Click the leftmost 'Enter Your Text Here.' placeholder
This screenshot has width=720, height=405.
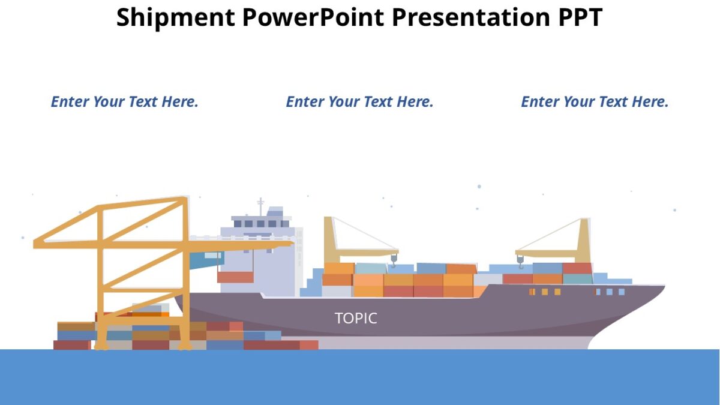[124, 102]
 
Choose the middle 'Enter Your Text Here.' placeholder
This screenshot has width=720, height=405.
[359, 102]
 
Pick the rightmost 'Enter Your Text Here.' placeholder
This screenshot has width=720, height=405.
[595, 102]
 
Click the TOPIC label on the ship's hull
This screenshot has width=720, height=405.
[356, 318]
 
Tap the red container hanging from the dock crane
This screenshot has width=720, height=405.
[235, 277]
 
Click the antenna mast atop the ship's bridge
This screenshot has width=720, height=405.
[260, 205]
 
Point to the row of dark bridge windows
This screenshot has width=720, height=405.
[260, 224]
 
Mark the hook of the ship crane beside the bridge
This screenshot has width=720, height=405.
[394, 259]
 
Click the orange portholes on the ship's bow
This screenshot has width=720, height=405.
[545, 292]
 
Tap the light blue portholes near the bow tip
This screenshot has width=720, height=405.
[610, 292]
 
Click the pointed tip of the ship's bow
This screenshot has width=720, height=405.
[664, 287]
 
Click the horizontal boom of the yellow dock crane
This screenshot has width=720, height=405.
[162, 243]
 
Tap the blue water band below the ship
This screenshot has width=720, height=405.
[360, 378]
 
